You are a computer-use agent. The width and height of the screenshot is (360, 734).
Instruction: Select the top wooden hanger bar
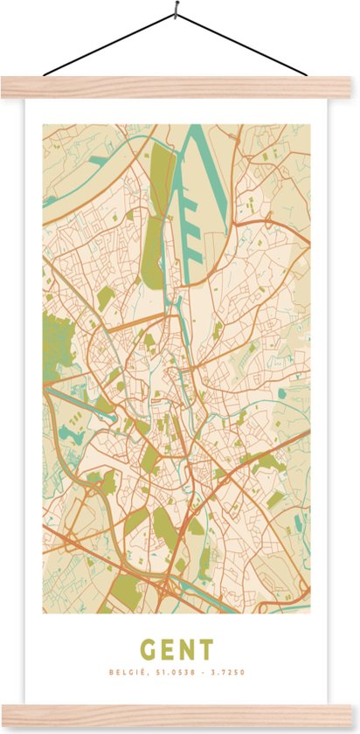point(180,87)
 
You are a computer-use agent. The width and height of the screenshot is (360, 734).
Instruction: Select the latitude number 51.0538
point(171,672)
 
